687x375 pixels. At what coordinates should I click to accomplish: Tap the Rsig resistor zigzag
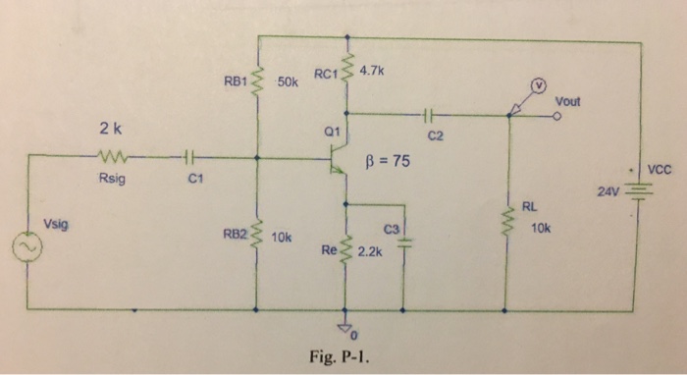(x=110, y=155)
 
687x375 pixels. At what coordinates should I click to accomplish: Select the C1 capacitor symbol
(x=191, y=155)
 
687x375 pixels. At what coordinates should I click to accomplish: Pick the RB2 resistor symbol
(x=257, y=236)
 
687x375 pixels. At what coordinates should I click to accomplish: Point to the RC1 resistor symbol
(x=347, y=71)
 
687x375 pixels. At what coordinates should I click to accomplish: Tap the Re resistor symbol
(x=347, y=250)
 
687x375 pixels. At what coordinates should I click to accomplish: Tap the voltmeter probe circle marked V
(x=538, y=85)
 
